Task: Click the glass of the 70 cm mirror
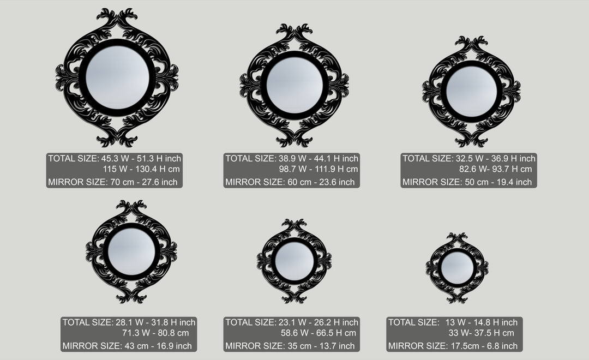(118, 77)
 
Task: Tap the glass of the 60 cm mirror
(294, 85)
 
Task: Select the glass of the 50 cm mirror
(471, 91)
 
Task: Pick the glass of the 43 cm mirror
(131, 251)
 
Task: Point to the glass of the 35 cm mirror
(294, 261)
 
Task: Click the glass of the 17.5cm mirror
(457, 268)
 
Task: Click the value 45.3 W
(114, 158)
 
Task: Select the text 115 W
(115, 169)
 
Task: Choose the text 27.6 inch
(159, 182)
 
